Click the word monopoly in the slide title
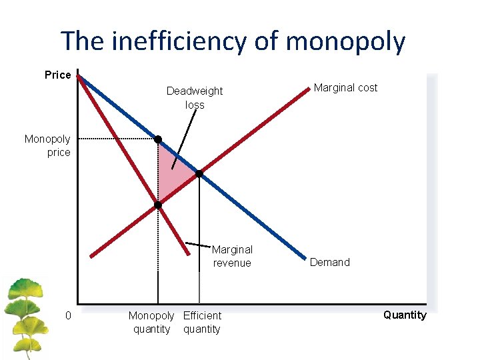coord(345,41)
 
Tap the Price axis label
coord(57,75)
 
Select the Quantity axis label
coord(405,315)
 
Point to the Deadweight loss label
coord(195,97)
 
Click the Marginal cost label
coord(345,87)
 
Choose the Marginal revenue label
coord(232,256)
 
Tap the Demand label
coord(329,262)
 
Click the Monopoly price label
coord(47,145)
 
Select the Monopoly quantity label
coord(151,322)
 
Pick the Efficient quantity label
coord(202,322)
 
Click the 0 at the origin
coord(68,315)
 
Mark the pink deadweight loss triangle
coord(172,175)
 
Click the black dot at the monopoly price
coord(158,139)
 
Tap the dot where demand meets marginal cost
coord(199,174)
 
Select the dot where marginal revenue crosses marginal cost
coord(158,205)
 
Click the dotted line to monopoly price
coord(113,138)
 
